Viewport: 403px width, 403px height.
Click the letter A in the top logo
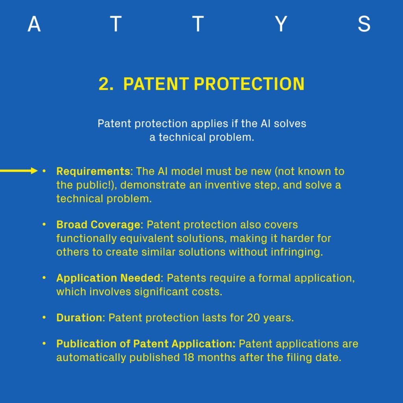pyautogui.click(x=34, y=24)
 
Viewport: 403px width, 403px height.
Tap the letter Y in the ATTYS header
pyautogui.click(x=281, y=24)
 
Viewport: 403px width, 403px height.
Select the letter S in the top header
pyautogui.click(x=364, y=24)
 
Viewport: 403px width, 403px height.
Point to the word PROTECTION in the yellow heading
pyautogui.click(x=249, y=84)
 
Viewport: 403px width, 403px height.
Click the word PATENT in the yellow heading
pyautogui.click(x=156, y=84)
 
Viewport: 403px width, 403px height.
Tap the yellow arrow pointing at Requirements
pyautogui.click(x=19, y=171)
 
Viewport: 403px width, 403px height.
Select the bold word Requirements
pyautogui.click(x=93, y=172)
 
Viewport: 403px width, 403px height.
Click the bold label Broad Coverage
pyautogui.click(x=98, y=225)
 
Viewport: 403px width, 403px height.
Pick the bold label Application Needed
pyautogui.click(x=109, y=278)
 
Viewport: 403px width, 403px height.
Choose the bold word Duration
pyautogui.click(x=79, y=318)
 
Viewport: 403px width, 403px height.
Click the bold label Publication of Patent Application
pyautogui.click(x=146, y=344)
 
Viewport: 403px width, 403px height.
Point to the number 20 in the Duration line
pyautogui.click(x=253, y=318)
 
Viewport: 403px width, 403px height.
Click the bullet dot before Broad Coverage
pyautogui.click(x=44, y=224)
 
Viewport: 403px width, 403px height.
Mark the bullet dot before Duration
pyautogui.click(x=44, y=318)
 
